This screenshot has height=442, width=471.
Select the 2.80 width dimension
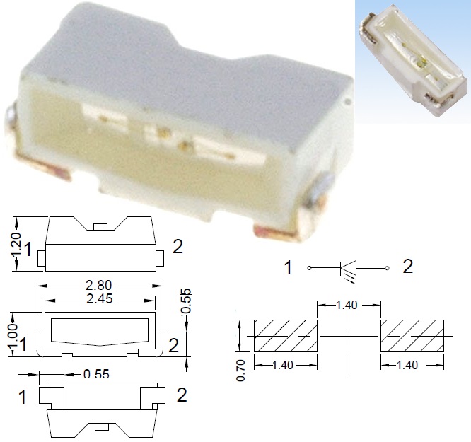point(99,285)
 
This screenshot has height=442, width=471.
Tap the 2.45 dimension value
point(99,298)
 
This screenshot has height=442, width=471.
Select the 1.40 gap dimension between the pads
point(348,306)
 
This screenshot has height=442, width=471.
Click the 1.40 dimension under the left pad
point(286,366)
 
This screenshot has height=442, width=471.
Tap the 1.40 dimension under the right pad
point(413,366)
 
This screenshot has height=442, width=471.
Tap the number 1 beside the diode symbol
point(289,268)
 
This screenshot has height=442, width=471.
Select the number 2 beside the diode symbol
point(408,267)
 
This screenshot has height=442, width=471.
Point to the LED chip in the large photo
point(164,133)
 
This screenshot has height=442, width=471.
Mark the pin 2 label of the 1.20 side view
point(178,247)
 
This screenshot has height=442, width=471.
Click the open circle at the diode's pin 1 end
point(309,268)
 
